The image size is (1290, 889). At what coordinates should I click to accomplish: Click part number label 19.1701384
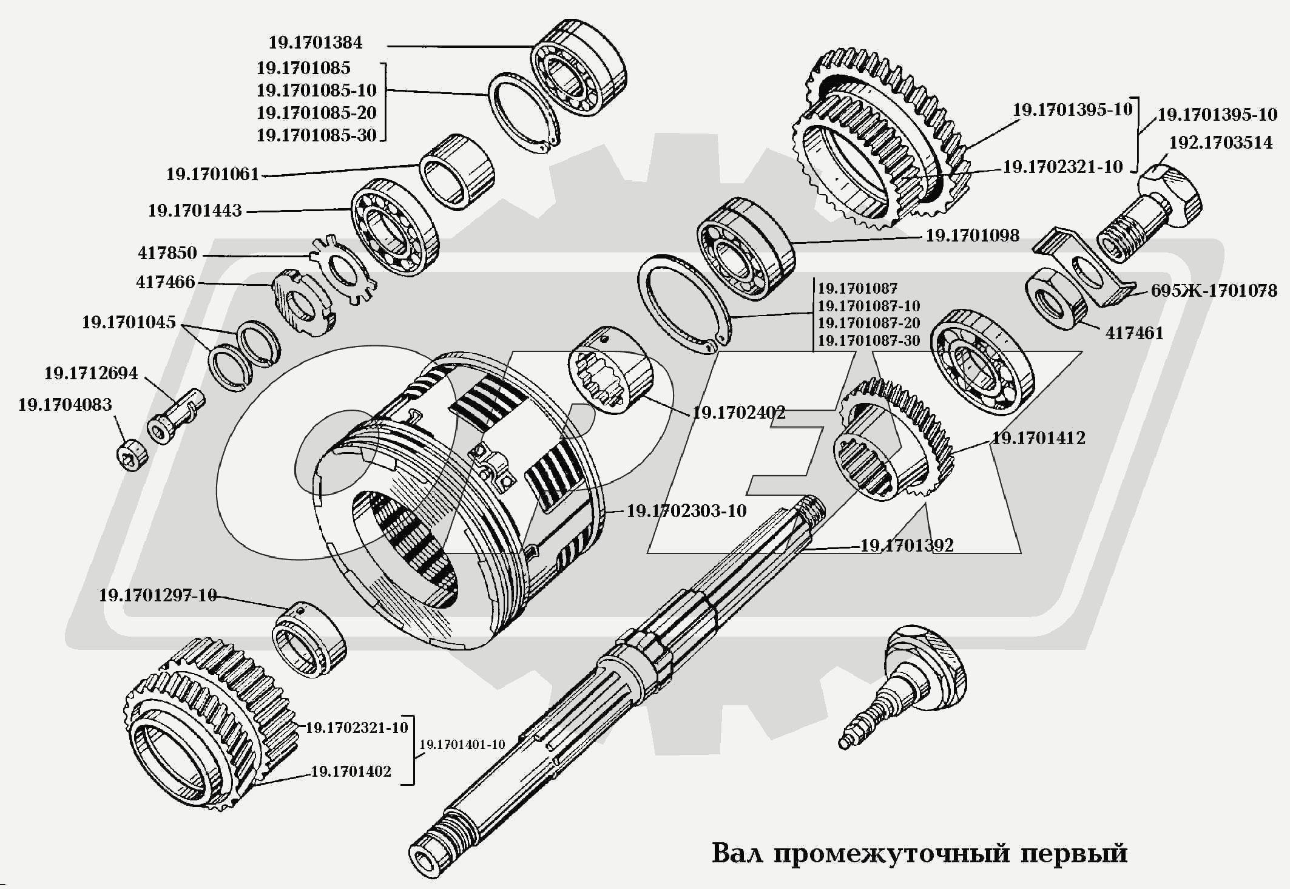click(316, 42)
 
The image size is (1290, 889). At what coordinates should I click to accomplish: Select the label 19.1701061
click(212, 175)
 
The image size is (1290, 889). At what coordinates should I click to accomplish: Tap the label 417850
click(167, 253)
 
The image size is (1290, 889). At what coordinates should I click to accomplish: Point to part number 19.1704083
click(65, 405)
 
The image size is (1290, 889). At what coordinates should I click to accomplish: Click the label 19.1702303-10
click(686, 511)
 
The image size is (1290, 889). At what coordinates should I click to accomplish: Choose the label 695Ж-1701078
click(1214, 291)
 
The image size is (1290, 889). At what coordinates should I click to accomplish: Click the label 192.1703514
click(1220, 143)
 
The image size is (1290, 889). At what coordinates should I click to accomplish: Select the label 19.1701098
click(972, 235)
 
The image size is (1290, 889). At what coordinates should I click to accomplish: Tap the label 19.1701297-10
click(158, 595)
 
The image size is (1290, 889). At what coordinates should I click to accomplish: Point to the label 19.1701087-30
click(868, 341)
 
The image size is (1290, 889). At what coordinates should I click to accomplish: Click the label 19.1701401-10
click(462, 744)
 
